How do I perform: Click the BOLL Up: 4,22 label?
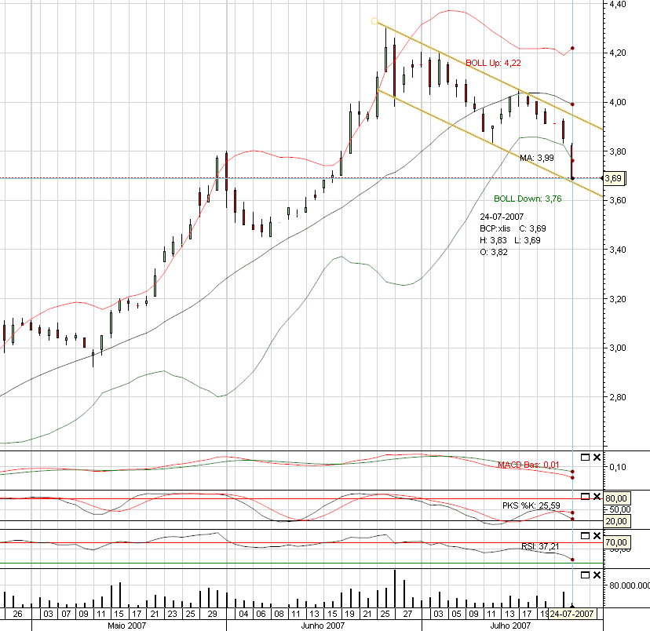[x=493, y=63]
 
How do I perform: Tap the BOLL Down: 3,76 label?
[x=528, y=199]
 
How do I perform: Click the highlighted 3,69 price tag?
[x=613, y=179]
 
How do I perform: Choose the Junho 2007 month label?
[x=323, y=626]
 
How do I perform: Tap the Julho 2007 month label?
[x=509, y=626]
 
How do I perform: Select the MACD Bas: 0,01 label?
[x=528, y=465]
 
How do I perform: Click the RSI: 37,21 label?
[x=541, y=545]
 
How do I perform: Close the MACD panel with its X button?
[x=596, y=457]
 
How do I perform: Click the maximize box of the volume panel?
[x=584, y=574]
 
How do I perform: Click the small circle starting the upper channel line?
[x=374, y=21]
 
